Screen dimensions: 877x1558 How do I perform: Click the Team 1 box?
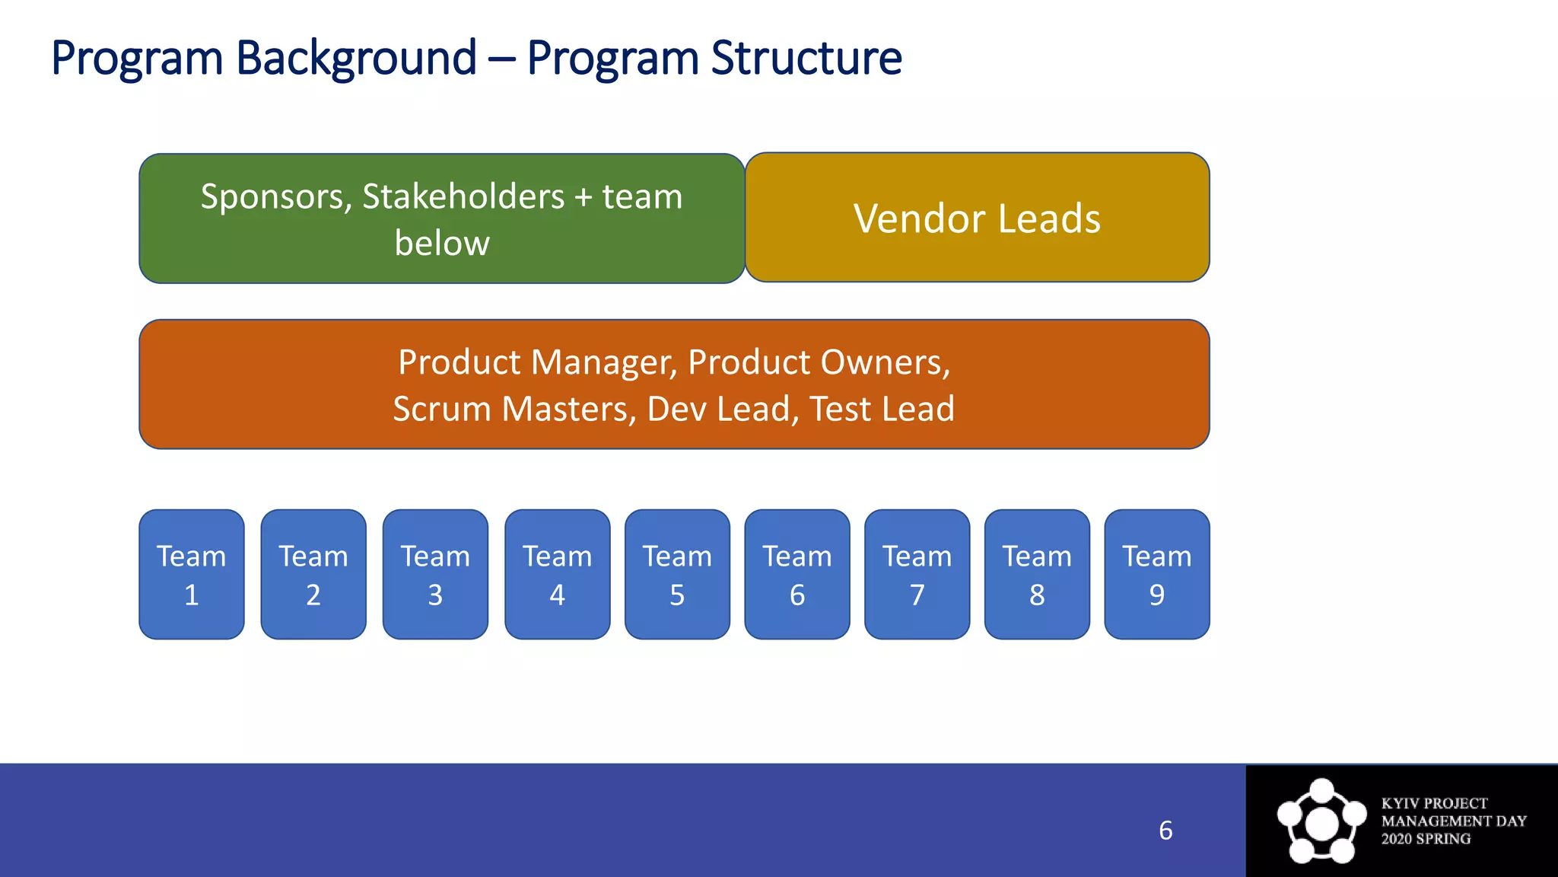192,575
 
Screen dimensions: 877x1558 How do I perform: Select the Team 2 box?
313,575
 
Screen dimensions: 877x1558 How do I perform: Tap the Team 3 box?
435,575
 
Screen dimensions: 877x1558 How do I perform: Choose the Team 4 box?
558,575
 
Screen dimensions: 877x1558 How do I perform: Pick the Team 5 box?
677,575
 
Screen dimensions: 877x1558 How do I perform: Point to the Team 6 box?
797,575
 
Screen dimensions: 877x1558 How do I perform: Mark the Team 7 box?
917,575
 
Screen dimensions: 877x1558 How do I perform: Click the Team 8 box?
1037,575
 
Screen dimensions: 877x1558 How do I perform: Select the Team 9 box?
1157,575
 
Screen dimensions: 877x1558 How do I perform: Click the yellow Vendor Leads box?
977,218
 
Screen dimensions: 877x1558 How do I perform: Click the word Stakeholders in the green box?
463,197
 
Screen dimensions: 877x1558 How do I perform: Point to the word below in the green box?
442,244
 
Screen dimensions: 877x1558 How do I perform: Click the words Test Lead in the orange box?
882,410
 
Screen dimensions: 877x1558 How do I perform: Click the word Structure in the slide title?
806,58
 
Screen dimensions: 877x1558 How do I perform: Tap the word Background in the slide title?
356,58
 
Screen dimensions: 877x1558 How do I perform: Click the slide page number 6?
1165,831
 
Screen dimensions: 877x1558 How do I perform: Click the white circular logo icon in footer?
1321,821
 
